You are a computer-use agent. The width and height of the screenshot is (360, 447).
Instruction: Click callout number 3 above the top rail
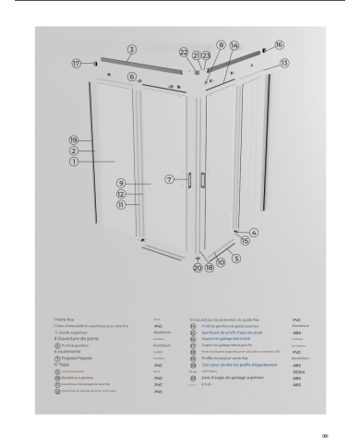coord(132,47)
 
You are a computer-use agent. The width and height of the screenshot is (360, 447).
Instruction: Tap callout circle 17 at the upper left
coord(77,65)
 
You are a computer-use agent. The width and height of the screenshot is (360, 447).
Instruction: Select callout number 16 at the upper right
coord(279,44)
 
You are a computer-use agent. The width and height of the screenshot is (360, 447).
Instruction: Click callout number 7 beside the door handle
coord(169,177)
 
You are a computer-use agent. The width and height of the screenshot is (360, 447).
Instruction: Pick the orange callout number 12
coord(121,194)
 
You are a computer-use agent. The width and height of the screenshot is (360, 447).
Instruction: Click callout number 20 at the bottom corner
coord(197,269)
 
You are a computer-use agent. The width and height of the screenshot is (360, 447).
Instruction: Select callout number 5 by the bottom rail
coord(235,260)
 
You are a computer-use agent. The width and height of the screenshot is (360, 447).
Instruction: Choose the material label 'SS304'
coord(297,370)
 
